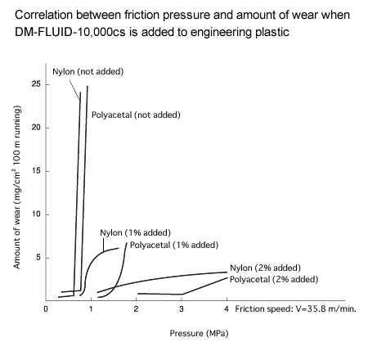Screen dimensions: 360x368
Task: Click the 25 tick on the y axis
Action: pos(36,84)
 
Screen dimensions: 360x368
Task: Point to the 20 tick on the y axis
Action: pos(36,128)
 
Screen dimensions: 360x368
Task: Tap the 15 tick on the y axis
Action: pos(36,171)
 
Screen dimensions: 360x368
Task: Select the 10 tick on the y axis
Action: pos(36,214)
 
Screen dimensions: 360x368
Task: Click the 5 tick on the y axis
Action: pos(38,258)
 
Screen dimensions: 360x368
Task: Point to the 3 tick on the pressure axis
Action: pos(182,310)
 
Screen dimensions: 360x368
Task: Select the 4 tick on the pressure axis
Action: pos(227,310)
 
